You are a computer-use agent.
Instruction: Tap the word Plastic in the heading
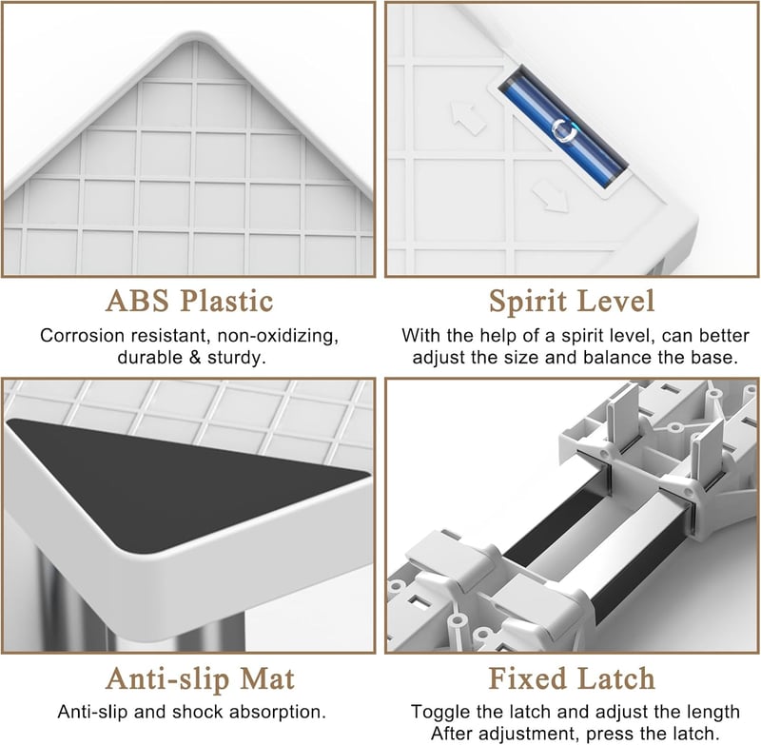226,301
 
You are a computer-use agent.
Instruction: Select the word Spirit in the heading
528,302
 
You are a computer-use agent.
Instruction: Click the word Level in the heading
616,301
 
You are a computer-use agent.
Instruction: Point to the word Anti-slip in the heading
168,679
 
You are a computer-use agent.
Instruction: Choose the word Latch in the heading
615,678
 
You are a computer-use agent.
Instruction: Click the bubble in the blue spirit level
563,131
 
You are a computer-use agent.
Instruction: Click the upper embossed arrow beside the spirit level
468,117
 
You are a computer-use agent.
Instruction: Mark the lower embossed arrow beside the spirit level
551,196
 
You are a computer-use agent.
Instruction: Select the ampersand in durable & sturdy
195,358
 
